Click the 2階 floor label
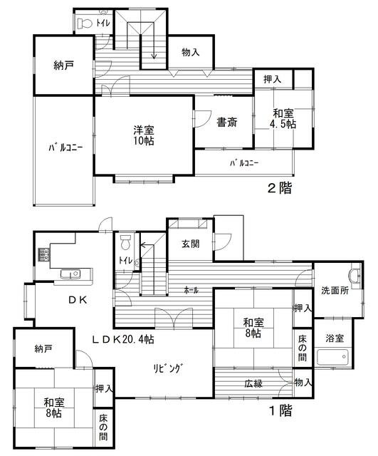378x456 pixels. pos(280,188)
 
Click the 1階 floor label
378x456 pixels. pos(280,410)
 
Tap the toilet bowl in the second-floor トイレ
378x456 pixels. pos(85,24)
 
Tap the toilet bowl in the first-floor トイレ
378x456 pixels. pos(125,242)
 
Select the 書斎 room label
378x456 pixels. pos(227,123)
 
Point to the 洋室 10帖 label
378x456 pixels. pos(144,135)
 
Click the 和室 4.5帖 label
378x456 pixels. pos(283,118)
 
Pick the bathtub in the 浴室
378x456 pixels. pos(333,356)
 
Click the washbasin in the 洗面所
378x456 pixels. pos(356,274)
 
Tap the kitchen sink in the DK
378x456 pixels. pos(70,274)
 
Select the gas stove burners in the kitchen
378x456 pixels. pos(43,254)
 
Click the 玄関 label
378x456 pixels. pos(191,244)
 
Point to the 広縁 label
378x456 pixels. pos(253,383)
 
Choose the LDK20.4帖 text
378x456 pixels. pos(123,339)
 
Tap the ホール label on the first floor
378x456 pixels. pos(191,290)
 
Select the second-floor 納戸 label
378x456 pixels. pos(63,66)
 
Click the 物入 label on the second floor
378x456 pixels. pos(191,52)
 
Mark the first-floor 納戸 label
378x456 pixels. pos(43,348)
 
